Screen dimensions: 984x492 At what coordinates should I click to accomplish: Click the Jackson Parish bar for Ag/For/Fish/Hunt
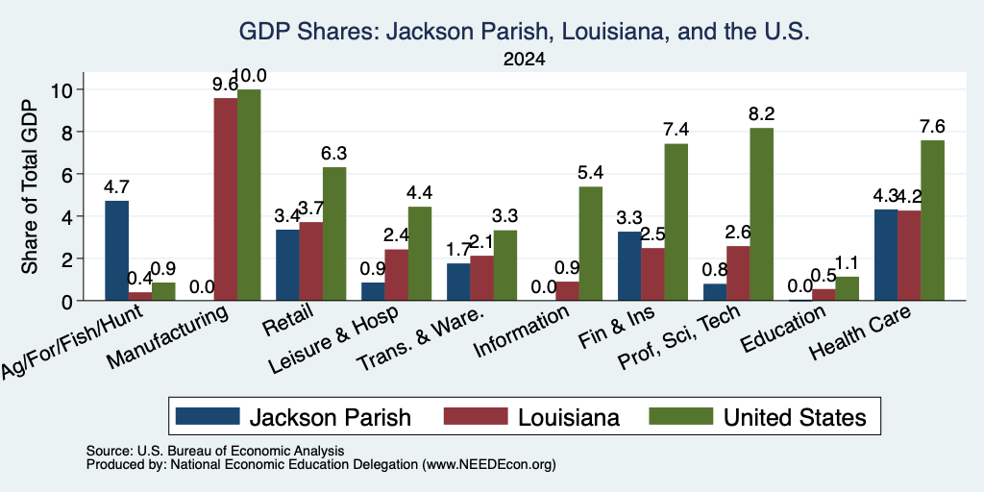coord(116,251)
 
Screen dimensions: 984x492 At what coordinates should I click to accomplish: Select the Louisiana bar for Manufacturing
coord(226,199)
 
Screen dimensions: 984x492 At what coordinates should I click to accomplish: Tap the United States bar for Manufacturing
coord(249,195)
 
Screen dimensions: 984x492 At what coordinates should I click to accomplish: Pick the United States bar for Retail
coord(334,234)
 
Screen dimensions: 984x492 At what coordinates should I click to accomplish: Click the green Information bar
coord(591,243)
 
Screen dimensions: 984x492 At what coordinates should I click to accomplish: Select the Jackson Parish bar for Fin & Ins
coord(630,266)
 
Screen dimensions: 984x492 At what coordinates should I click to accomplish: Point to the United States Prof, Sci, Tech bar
coord(762,214)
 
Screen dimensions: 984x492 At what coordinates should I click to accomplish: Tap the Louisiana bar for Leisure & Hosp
coord(397,275)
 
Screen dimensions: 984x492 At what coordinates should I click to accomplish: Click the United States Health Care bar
coord(932,220)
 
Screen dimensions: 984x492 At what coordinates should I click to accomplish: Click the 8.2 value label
coord(762,114)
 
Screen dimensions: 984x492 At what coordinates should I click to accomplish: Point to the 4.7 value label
coord(116,187)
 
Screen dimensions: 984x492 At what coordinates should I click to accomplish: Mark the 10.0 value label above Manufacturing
coord(249,76)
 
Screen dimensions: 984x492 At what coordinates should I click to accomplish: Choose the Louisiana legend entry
coord(531,417)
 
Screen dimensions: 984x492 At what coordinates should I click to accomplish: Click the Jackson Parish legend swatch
coord(208,416)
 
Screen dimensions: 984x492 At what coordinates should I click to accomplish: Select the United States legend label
coord(795,417)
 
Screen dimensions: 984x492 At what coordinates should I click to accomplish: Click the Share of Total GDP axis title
coord(30,186)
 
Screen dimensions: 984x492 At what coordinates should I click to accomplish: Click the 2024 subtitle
coord(524,60)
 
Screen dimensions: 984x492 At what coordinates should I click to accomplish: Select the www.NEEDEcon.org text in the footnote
coord(489,465)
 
